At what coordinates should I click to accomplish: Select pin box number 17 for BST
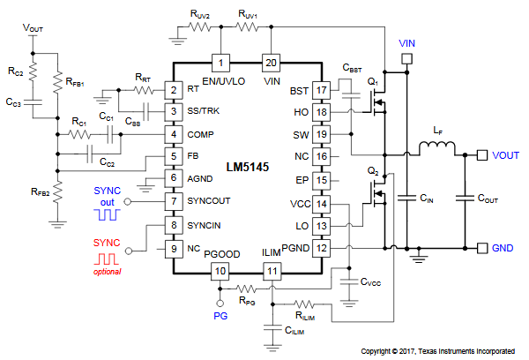pos(322,90)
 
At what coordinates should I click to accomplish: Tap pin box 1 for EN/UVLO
pos(221,63)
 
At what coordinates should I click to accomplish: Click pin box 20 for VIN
pos(272,63)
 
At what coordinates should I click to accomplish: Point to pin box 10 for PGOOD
pos(221,270)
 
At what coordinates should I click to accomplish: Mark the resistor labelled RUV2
pos(200,26)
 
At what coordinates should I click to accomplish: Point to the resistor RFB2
pos(56,191)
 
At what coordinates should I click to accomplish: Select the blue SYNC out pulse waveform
pos(108,214)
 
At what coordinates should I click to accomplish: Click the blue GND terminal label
pos(503,248)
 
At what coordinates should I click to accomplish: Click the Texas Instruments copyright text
pos(438,351)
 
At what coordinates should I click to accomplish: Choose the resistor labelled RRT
pos(142,90)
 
